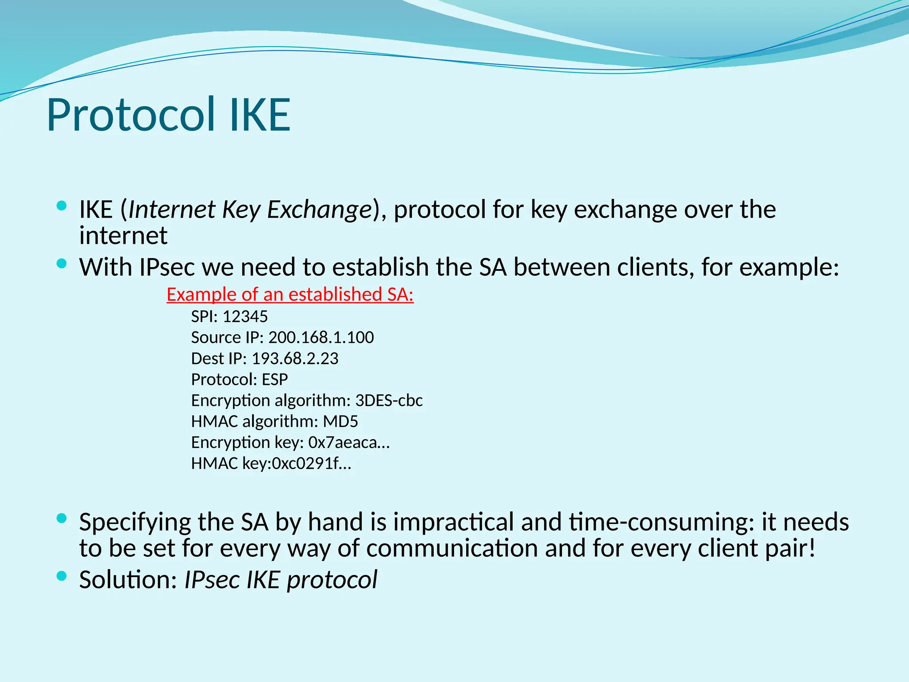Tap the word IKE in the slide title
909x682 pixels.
(x=260, y=115)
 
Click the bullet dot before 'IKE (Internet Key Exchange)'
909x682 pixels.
(x=62, y=206)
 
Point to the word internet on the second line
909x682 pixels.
(x=123, y=236)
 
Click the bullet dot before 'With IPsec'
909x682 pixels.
(x=62, y=264)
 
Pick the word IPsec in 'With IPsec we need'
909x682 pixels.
(x=167, y=267)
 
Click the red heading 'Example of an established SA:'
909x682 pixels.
(x=290, y=294)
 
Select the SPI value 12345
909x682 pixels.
(x=245, y=317)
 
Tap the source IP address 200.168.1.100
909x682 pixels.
(x=321, y=337)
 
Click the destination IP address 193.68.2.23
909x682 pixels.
(x=295, y=358)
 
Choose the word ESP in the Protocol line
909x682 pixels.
(x=275, y=380)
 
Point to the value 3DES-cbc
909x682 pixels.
(x=389, y=400)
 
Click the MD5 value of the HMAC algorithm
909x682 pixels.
(x=340, y=421)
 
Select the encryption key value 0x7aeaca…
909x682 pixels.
(x=349, y=443)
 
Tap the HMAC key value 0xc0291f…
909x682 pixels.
(x=311, y=464)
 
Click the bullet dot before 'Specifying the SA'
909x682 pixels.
(x=62, y=518)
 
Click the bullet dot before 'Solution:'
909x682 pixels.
(x=62, y=576)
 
